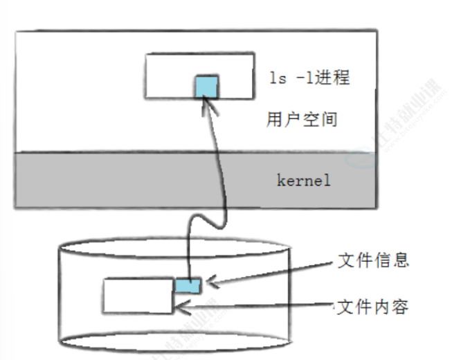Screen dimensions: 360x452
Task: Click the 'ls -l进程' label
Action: click(x=309, y=77)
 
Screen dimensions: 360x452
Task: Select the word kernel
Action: click(x=303, y=181)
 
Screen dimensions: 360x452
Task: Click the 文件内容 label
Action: click(x=374, y=305)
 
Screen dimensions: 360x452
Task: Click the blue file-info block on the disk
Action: click(x=188, y=285)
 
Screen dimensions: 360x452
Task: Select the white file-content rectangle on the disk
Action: click(x=138, y=296)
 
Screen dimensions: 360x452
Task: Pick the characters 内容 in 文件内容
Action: click(x=392, y=305)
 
